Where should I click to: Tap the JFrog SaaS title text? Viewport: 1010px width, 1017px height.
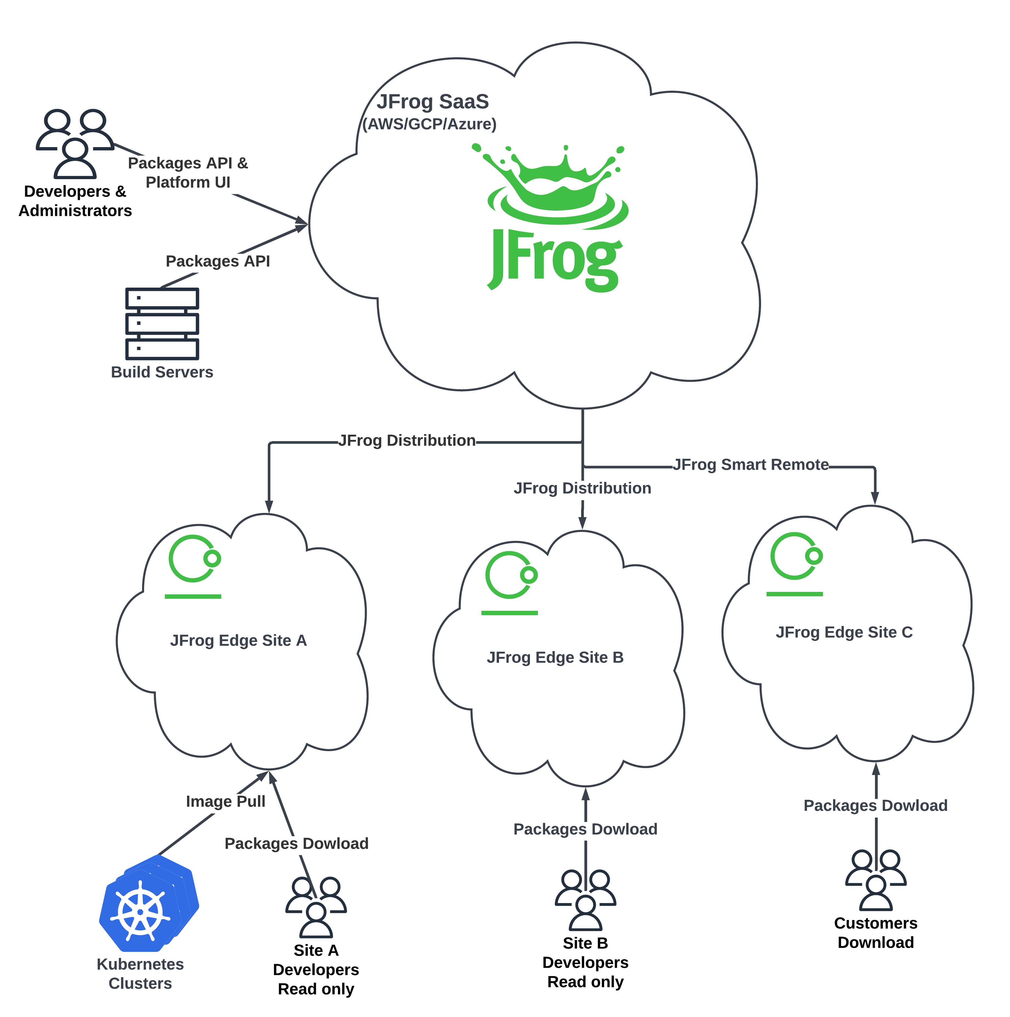(x=433, y=102)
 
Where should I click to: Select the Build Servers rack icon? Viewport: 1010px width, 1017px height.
(x=162, y=323)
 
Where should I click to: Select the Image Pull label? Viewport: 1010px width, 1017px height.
(x=225, y=801)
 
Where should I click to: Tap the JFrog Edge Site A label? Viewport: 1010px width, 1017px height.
(x=239, y=641)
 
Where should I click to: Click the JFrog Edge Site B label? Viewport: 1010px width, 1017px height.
(x=555, y=657)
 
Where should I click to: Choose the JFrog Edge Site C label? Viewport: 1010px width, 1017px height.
(x=844, y=632)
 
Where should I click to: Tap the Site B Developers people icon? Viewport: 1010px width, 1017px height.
(x=585, y=900)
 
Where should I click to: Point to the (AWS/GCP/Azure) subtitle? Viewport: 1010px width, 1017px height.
(x=429, y=124)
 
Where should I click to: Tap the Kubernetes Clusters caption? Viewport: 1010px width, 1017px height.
(x=140, y=974)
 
